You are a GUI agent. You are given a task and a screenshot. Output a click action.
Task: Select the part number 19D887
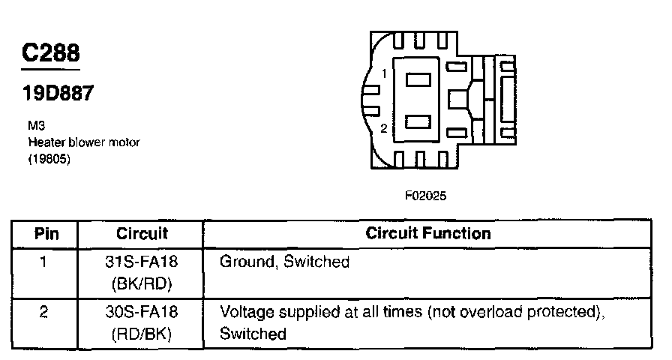point(57,95)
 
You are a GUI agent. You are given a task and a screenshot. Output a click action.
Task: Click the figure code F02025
point(426,196)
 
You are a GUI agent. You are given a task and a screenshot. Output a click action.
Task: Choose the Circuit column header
point(142,233)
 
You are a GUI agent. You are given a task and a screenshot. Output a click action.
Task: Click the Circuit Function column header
point(428,233)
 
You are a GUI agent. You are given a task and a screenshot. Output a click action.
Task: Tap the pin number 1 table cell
point(44,262)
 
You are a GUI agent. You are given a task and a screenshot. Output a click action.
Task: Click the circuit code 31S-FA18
point(142,262)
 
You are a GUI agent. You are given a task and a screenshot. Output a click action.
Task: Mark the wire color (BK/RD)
point(142,285)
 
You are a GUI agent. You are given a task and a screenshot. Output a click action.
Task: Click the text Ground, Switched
point(284,262)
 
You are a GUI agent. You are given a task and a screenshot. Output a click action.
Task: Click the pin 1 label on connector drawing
point(383,74)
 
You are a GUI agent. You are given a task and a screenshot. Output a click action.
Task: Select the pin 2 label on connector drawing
point(383,128)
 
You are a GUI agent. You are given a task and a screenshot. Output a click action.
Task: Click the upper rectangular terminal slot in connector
point(418,78)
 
